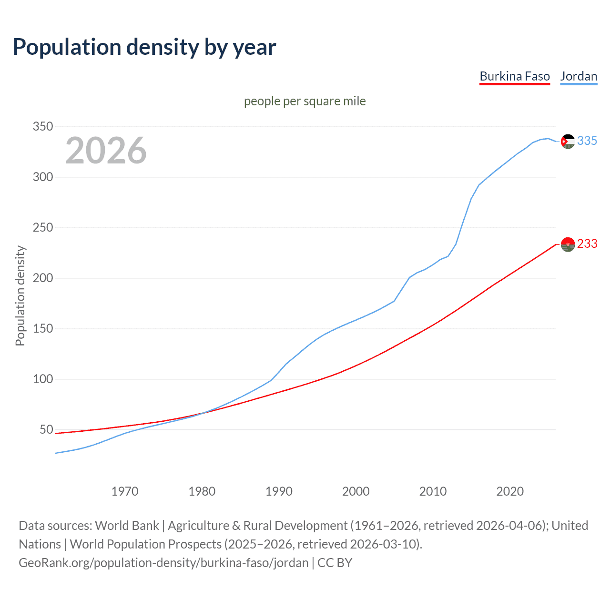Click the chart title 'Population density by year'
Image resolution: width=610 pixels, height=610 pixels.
pos(144,47)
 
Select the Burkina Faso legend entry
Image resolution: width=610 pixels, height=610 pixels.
pos(515,76)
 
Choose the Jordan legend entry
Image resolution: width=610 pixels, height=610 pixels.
pos(579,76)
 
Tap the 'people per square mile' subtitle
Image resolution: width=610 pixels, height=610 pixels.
pos(305,101)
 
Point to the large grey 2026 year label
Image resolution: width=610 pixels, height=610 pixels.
pos(106,151)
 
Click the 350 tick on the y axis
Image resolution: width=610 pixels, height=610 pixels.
pos(42,127)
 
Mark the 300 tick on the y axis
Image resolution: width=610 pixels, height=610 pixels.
pos(42,177)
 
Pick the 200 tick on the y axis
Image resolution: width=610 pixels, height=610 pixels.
pos(42,278)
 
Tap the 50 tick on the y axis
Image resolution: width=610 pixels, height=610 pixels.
pos(46,430)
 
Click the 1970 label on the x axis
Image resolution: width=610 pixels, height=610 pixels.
pos(125,491)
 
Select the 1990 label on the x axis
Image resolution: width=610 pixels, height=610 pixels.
pos(279,491)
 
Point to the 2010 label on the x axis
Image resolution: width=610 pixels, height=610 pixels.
pos(433,491)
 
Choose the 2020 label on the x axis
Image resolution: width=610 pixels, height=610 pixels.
pos(510,491)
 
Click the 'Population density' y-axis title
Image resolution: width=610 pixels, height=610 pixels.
pos(20,295)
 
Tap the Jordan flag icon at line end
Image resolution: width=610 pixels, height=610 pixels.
pos(568,142)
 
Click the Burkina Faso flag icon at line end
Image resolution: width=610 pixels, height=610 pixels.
pos(568,244)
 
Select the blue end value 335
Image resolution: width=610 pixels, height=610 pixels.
pos(587,141)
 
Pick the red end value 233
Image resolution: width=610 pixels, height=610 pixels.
pos(587,244)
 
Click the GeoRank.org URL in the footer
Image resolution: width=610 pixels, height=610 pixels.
pos(163,563)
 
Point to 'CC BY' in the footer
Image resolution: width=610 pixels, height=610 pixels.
pos(335,563)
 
